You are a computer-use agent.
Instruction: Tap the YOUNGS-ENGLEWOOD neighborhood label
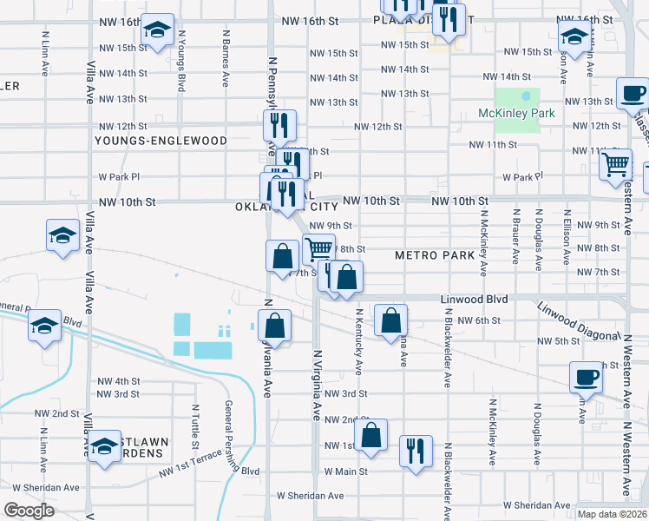[x=161, y=140]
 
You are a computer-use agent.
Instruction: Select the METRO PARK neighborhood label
[x=435, y=255]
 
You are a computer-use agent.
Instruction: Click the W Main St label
[x=346, y=472]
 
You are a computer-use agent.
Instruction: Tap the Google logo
[x=29, y=510]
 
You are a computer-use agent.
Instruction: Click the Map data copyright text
[x=612, y=514]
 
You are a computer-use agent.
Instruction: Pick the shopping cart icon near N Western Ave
[x=615, y=162]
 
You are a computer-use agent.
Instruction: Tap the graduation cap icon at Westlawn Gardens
[x=104, y=446]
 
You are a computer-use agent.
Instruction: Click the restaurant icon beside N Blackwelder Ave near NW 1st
[x=416, y=451]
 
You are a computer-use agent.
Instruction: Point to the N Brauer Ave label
[x=515, y=234]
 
